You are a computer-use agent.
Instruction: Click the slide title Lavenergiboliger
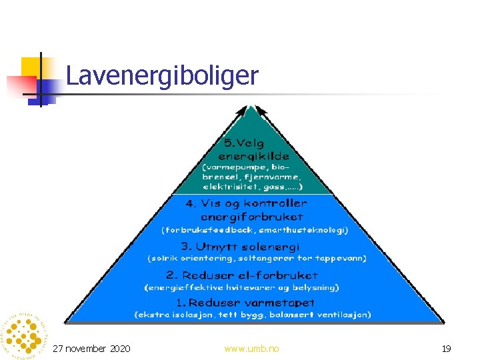(x=162, y=76)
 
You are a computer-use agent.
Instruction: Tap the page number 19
(x=447, y=349)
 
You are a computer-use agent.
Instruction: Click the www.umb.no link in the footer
(x=252, y=349)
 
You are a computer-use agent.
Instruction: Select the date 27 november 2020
(x=91, y=349)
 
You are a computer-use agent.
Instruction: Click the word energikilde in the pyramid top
(x=249, y=155)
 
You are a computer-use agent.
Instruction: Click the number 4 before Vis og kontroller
(x=190, y=203)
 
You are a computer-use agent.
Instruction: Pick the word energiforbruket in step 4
(x=252, y=216)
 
